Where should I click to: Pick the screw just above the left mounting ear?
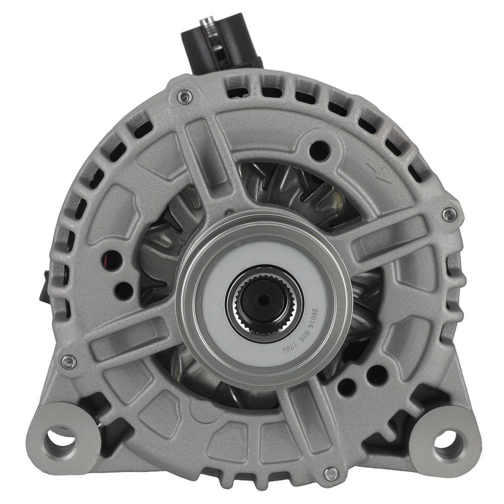pos(69,361)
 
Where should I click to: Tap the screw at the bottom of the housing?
pos(331,473)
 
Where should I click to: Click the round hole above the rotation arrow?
pos(320,148)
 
